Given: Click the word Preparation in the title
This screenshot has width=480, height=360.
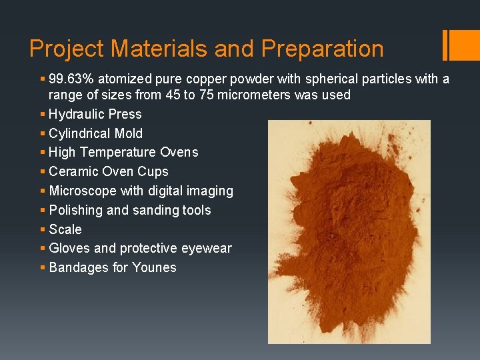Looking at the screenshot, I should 322,49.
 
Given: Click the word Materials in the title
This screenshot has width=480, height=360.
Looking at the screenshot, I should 182,49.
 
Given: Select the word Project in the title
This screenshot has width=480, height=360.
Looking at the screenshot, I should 67,49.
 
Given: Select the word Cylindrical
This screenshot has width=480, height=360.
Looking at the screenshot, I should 80,133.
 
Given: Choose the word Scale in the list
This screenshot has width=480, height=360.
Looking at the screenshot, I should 65,229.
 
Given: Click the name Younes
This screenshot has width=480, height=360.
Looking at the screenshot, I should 155,267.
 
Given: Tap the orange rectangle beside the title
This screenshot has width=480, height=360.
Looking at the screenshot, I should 461,45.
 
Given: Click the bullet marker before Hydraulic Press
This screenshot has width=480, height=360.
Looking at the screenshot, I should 43,114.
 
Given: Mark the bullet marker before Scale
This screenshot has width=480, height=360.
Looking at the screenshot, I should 43,229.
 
